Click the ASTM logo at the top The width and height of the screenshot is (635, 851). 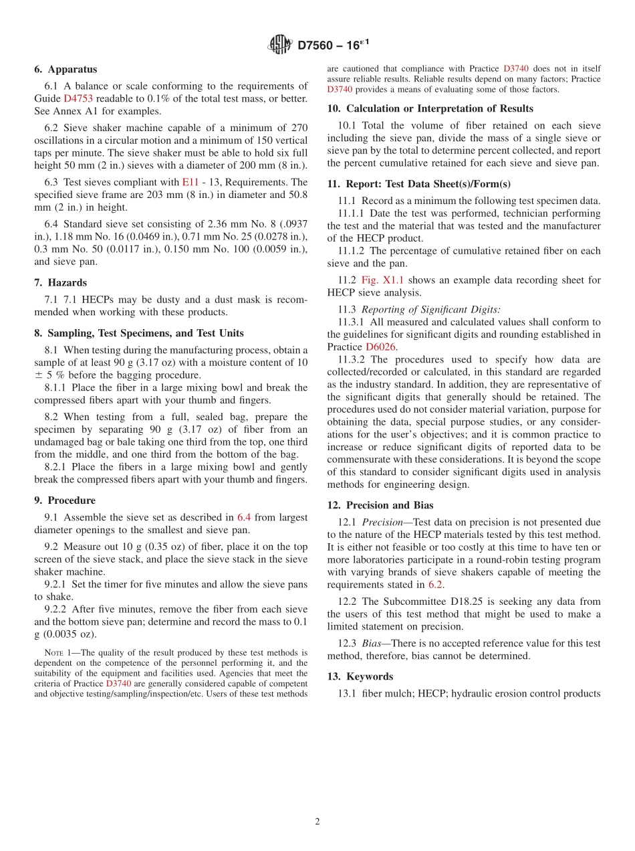point(279,45)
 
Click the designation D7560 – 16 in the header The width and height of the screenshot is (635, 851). point(333,45)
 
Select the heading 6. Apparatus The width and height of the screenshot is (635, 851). point(66,70)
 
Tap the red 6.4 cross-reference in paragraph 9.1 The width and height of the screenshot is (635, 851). point(244,517)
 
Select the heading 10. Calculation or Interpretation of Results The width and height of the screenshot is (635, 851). point(430,108)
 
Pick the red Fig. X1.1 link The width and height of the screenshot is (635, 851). point(382,280)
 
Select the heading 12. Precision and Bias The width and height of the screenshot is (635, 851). point(380,505)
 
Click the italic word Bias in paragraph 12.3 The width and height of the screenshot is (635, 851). point(373,644)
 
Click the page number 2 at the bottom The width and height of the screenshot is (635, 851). point(317,822)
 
